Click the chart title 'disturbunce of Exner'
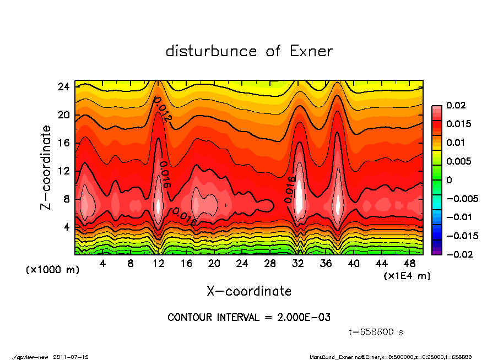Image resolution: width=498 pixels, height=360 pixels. [x=249, y=51]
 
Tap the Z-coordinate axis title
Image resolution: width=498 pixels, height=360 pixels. [x=46, y=167]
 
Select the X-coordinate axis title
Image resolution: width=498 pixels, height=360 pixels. [x=249, y=291]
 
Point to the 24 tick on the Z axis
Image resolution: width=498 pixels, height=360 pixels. [x=63, y=87]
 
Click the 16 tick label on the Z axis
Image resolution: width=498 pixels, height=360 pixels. [x=63, y=143]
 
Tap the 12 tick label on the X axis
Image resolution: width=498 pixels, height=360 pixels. [x=158, y=264]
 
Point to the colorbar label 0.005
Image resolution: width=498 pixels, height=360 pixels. [x=458, y=161]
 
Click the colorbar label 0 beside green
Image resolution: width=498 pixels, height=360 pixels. [x=449, y=180]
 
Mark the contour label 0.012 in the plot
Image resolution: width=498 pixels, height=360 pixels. [x=163, y=109]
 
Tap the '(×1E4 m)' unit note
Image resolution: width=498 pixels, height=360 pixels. [x=407, y=275]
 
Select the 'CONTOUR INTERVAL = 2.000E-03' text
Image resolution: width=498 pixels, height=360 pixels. [x=249, y=318]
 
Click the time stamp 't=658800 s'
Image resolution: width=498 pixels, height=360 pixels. [x=376, y=332]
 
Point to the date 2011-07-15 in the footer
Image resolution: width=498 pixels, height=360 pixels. [x=71, y=357]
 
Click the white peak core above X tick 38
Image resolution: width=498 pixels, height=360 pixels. [x=339, y=204]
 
